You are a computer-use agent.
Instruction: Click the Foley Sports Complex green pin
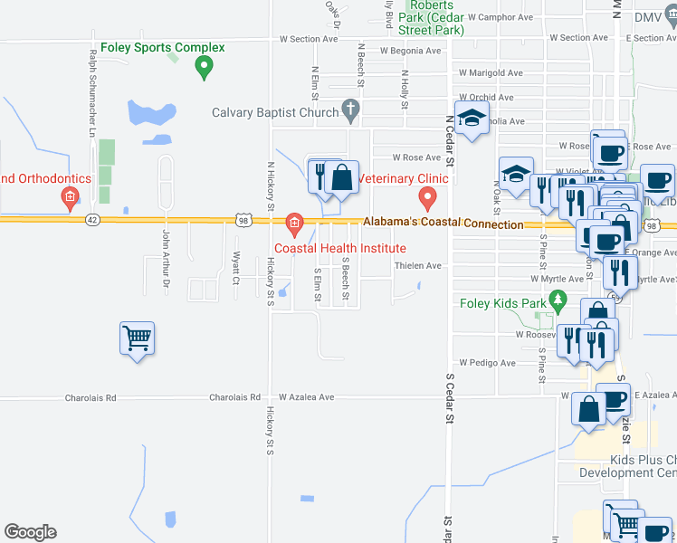pyautogui.click(x=205, y=66)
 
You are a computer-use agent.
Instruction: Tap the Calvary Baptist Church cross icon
pyautogui.click(x=350, y=112)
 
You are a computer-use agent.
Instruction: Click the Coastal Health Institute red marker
pyautogui.click(x=293, y=222)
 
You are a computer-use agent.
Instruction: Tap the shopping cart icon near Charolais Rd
pyautogui.click(x=137, y=338)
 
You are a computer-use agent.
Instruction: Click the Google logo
pyautogui.click(x=30, y=532)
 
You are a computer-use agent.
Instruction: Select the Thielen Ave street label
pyautogui.click(x=418, y=266)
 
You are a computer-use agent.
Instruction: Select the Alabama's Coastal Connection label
pyautogui.click(x=443, y=224)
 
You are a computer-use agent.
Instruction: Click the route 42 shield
pyautogui.click(x=92, y=219)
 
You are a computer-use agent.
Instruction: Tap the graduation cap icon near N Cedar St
pyautogui.click(x=471, y=120)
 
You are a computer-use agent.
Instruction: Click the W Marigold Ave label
pyautogui.click(x=491, y=73)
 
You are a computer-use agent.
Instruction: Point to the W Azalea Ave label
pyautogui.click(x=307, y=397)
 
